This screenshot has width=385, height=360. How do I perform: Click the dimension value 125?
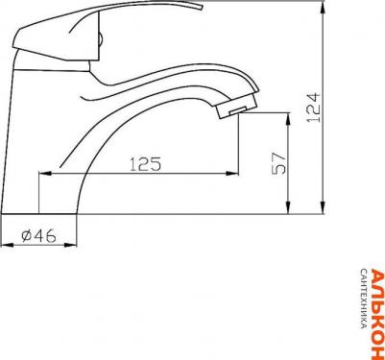point(145,164)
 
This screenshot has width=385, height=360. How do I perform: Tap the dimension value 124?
point(313,108)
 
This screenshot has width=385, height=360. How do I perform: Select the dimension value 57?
point(278,163)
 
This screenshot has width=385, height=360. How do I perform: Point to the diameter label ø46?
point(38,236)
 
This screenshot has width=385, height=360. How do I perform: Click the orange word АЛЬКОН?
point(377,314)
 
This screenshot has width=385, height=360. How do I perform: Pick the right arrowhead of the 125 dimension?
point(232,174)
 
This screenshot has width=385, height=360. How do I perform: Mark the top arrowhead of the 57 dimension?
point(288,119)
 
